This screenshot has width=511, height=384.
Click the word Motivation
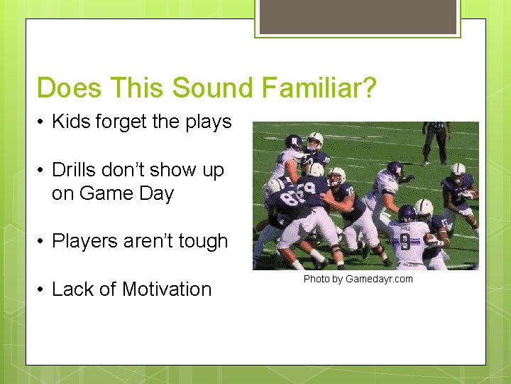[167, 289]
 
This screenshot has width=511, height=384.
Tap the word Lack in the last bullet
[75, 289]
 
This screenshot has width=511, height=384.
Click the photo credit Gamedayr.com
[378, 279]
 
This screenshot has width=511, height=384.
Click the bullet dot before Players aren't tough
[42, 242]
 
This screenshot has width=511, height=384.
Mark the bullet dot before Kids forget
[42, 122]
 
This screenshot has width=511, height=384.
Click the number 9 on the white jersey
[404, 242]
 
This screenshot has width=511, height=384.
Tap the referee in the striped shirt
[436, 139]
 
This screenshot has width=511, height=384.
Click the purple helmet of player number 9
[407, 213]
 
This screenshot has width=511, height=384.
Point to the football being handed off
[432, 240]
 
